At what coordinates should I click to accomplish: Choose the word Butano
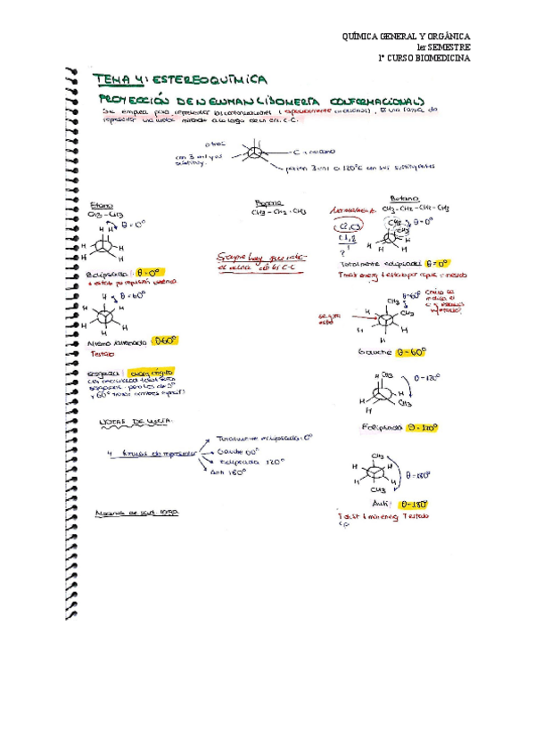click(x=402, y=199)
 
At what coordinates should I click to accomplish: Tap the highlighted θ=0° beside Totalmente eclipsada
click(x=437, y=264)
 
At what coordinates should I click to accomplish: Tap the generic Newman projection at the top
click(x=256, y=158)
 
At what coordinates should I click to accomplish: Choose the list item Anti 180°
click(x=230, y=472)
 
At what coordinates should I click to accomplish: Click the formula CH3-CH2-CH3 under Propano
click(x=278, y=212)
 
